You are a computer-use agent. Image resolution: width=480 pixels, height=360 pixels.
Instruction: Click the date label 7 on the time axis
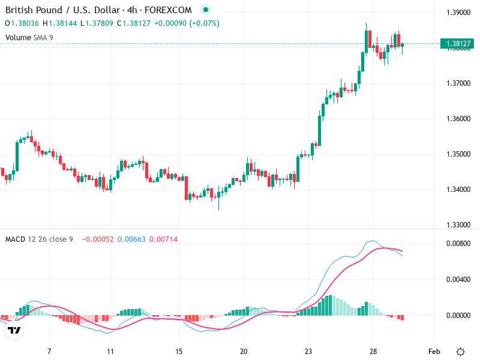point(49,351)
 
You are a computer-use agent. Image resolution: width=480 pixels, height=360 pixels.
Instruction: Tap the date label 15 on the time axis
point(178,351)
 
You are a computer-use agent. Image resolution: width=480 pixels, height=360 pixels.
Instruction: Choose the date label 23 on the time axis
point(308,351)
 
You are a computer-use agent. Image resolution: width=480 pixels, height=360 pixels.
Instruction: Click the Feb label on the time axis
point(435,351)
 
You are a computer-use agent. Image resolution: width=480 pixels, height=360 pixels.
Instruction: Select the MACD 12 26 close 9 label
point(39,239)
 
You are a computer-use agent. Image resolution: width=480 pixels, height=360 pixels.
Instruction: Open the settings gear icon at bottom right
point(460,351)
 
